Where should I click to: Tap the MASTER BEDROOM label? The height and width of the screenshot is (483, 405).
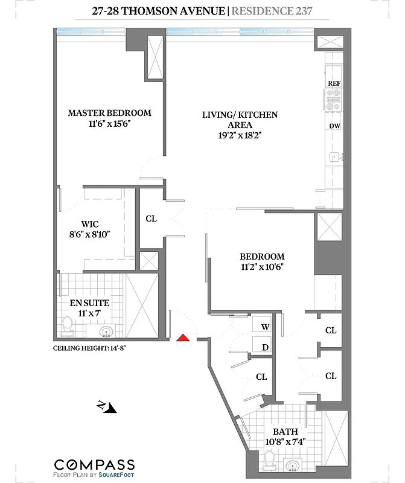click(x=109, y=113)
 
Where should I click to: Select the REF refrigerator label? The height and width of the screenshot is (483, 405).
click(x=334, y=83)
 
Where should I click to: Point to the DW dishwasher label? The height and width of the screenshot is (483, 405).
click(x=334, y=126)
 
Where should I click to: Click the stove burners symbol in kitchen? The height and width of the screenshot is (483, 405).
click(x=334, y=100)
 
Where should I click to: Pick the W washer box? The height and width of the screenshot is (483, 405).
click(x=264, y=327)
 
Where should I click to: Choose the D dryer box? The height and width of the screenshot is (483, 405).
click(x=264, y=347)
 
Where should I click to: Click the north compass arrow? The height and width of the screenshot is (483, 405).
click(x=106, y=408)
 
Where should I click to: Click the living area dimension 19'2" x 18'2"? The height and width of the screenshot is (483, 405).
click(x=240, y=136)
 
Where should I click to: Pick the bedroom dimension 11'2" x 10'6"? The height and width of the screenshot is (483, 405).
click(x=261, y=267)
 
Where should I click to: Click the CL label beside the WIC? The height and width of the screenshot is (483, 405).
click(x=151, y=219)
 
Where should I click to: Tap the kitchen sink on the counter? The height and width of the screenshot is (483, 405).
click(x=334, y=158)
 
